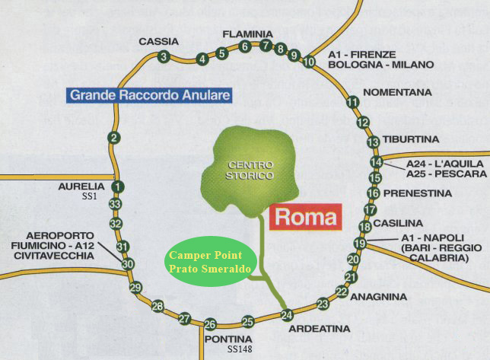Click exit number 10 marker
click(x=309, y=62)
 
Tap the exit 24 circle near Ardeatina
click(x=287, y=315)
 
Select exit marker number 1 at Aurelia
click(x=116, y=187)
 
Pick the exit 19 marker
click(x=360, y=244)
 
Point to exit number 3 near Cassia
click(x=164, y=56)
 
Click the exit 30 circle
click(x=128, y=264)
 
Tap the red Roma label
click(x=305, y=217)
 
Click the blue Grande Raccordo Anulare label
click(x=149, y=96)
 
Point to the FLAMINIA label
click(x=247, y=34)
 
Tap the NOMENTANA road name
click(x=398, y=93)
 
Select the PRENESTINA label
click(x=418, y=193)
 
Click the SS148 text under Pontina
click(x=239, y=349)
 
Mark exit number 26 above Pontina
click(x=210, y=324)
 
